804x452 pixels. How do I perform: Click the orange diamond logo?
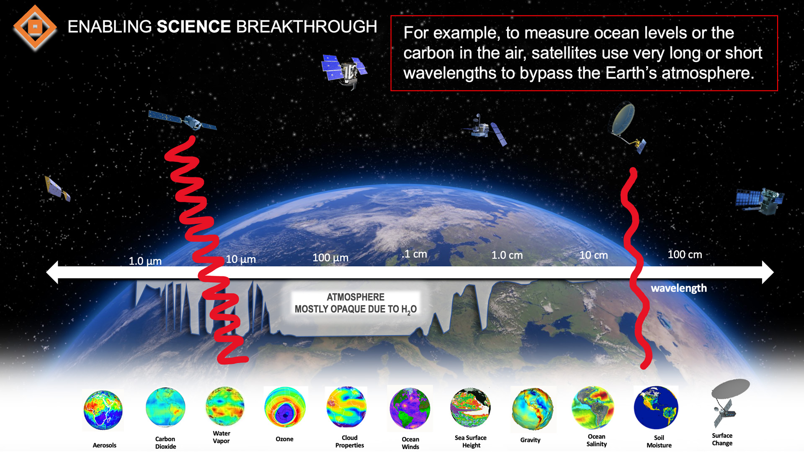[x=35, y=28]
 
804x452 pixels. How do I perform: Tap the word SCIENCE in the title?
[x=193, y=27]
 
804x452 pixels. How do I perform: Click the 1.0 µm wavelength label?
[x=145, y=261]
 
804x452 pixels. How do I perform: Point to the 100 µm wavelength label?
[x=330, y=258]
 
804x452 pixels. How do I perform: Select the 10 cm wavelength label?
[x=593, y=255]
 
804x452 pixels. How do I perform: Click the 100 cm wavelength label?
[x=685, y=254]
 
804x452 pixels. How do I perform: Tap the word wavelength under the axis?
[x=679, y=288]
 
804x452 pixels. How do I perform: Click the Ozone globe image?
[x=285, y=408]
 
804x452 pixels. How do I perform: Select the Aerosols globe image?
[x=103, y=410]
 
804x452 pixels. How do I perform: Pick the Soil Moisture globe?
[x=656, y=408]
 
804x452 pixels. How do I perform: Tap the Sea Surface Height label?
[x=471, y=442]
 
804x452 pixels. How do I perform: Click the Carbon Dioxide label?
[x=165, y=443]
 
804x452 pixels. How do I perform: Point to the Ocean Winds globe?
[x=410, y=408]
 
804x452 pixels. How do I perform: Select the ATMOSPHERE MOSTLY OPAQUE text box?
[x=356, y=303]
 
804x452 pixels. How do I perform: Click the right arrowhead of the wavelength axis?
[x=767, y=272]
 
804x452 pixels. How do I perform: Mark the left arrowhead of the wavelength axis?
[x=52, y=272]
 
